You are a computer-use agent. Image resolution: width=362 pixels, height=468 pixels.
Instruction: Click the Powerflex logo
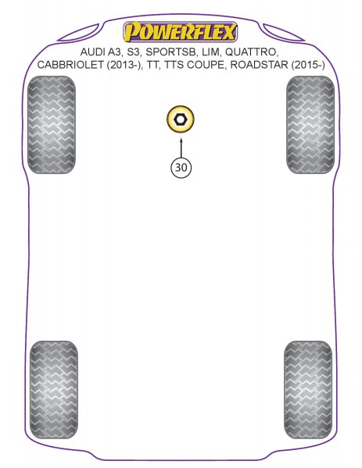point(181,32)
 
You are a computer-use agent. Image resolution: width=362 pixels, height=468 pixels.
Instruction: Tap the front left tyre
point(51,125)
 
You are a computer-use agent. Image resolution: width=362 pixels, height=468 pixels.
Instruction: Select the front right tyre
point(310,125)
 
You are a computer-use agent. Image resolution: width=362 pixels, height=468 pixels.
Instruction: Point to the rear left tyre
point(54,389)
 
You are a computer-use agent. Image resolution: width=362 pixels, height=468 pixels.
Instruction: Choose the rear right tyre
point(308,389)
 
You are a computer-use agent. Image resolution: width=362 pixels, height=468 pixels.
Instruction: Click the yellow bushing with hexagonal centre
point(181,119)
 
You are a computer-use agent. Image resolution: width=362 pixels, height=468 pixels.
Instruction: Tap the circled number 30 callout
point(181,168)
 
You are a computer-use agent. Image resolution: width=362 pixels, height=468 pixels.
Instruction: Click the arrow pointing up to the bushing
point(181,147)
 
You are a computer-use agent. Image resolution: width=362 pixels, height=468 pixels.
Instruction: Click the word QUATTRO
point(252,52)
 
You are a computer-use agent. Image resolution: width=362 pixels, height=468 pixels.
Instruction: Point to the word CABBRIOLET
point(70,65)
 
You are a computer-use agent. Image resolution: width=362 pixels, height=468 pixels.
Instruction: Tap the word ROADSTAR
point(260,65)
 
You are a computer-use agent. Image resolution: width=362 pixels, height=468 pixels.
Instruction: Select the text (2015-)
point(308,65)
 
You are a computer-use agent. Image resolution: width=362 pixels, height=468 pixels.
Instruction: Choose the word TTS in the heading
point(174,65)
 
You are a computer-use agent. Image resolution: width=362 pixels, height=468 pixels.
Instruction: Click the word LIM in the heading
point(211,52)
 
